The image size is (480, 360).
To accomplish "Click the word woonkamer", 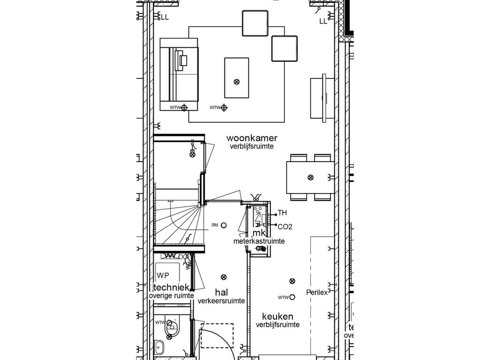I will (252, 138).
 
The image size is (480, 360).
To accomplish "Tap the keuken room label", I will (277, 316).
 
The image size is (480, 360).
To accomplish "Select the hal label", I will (221, 292).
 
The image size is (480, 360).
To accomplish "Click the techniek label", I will (171, 287).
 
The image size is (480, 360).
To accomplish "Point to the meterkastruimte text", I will (259, 241).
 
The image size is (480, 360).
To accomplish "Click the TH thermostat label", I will (282, 213).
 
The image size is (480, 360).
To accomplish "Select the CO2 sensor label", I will (285, 227).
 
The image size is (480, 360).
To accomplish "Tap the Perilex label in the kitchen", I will (316, 292).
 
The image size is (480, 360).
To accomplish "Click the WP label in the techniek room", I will (163, 275).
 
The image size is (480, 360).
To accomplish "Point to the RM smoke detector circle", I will (224, 225).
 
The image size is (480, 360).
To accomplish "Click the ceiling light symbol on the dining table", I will (310, 177).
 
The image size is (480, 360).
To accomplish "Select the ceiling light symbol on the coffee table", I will (236, 82).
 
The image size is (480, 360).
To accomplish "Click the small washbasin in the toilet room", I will (159, 348).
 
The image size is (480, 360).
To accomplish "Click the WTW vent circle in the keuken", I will (292, 297).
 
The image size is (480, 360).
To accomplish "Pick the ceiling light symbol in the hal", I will (224, 277).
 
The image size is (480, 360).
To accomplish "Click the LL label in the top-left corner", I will (165, 17).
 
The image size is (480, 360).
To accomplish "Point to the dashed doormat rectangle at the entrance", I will (217, 335).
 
